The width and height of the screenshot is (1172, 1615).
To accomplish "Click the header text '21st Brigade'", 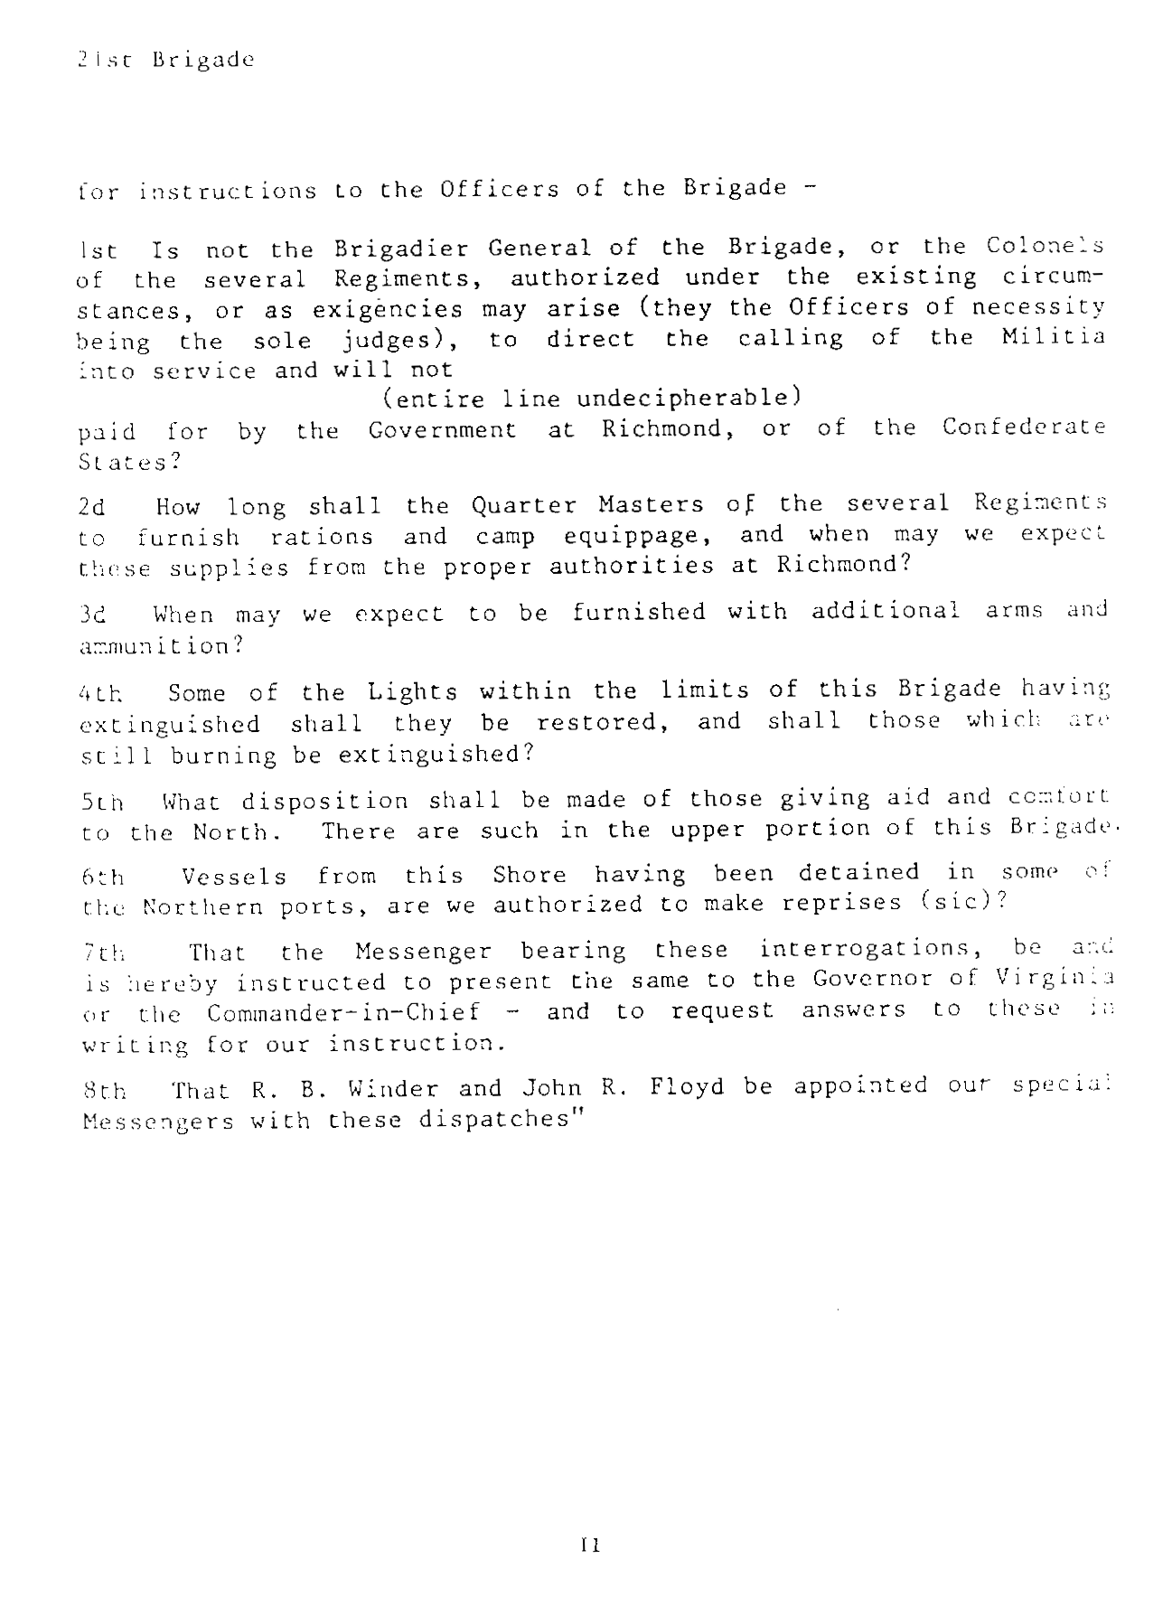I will [165, 60].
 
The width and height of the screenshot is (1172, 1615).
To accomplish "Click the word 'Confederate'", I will [1023, 427].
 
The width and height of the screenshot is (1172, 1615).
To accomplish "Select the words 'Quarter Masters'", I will [587, 504].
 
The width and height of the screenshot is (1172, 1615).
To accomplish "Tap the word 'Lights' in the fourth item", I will [413, 692].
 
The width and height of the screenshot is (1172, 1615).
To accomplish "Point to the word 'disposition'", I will [324, 801].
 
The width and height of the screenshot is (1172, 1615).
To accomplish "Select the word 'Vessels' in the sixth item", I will [234, 877].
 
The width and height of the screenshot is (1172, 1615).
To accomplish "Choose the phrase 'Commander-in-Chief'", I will [342, 1012].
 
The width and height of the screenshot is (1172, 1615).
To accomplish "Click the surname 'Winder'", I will [390, 1088].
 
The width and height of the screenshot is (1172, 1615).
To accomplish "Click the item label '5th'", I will [102, 803].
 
